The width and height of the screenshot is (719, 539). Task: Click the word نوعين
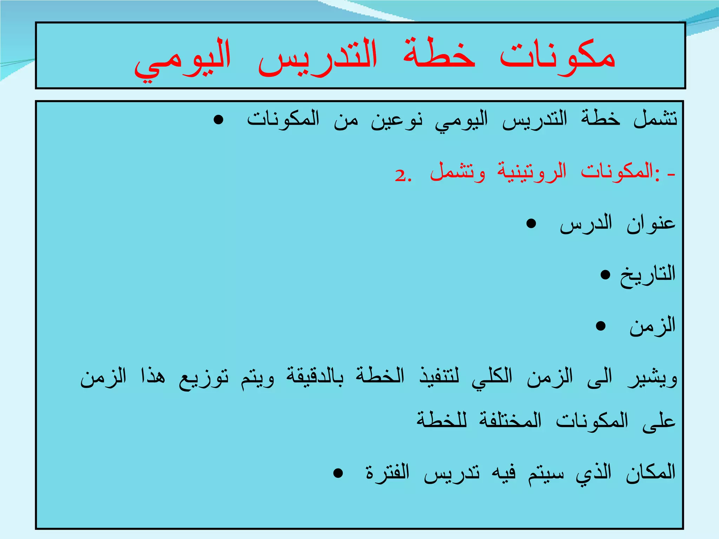[397, 120]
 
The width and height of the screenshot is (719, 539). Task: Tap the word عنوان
[652, 224]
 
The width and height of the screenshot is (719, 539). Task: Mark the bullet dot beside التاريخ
[605, 274]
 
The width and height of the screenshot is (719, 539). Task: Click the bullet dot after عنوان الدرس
[531, 224]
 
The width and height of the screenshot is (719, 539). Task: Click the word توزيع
[204, 378]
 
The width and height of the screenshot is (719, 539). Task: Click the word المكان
[651, 472]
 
